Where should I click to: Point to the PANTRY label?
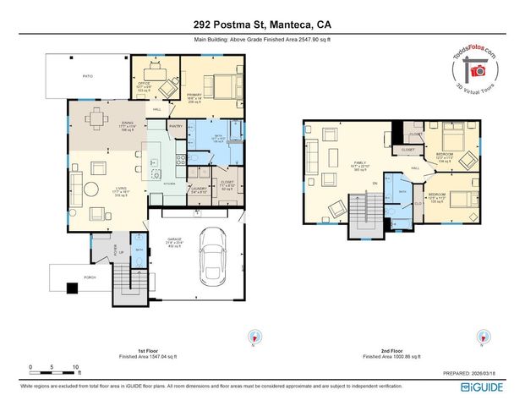point(176,126)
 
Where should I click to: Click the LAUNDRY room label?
point(199,189)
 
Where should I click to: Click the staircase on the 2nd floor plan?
point(366,211)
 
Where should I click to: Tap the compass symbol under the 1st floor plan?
point(250,336)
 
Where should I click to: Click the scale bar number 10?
point(75,366)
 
